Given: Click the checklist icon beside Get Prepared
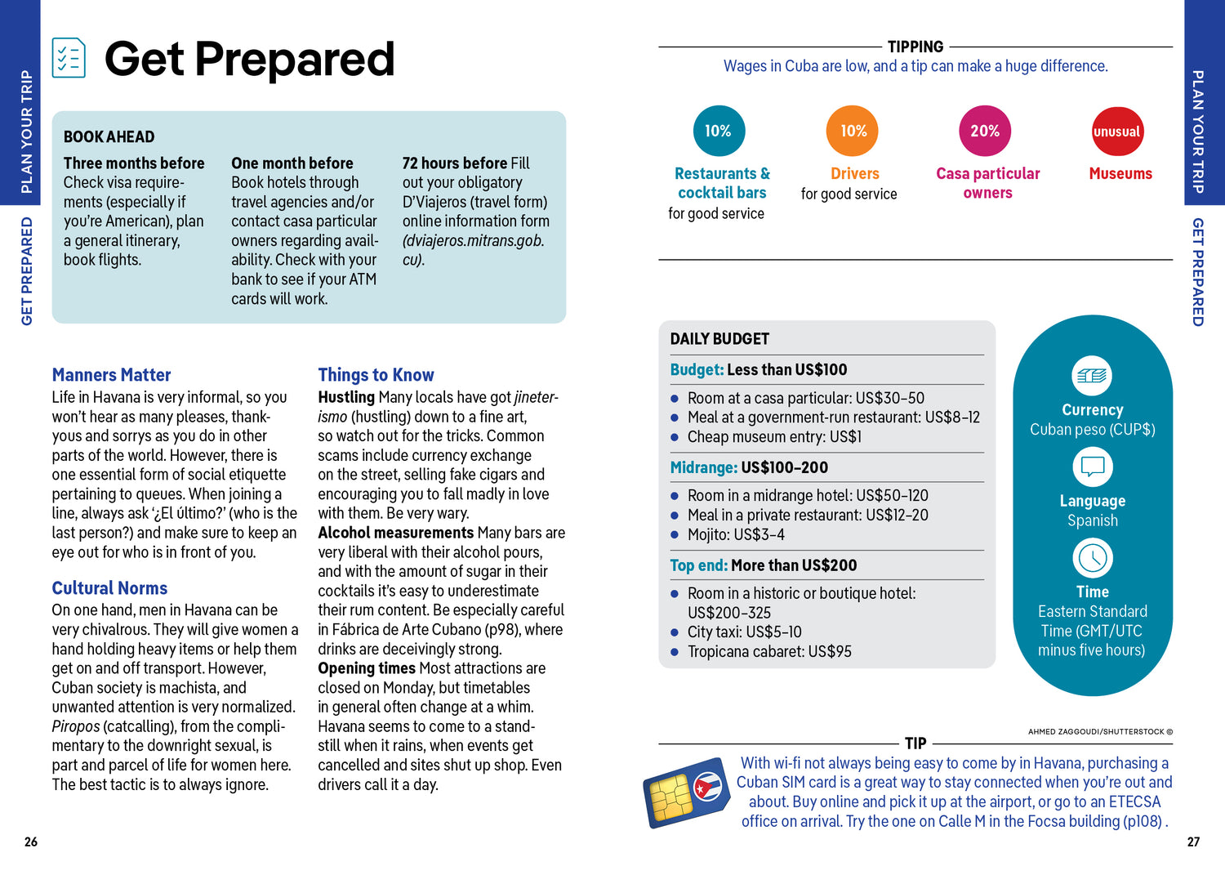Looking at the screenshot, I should tap(69, 58).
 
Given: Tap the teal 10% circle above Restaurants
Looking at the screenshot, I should tap(719, 131).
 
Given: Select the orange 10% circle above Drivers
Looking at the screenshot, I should tap(853, 131).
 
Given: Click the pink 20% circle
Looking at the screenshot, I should tap(984, 131).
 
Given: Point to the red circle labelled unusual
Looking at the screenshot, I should tap(1116, 132).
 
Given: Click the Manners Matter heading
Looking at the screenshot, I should tap(111, 375).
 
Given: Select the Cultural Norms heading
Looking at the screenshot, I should tap(109, 588).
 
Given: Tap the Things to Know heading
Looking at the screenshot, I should tap(376, 375).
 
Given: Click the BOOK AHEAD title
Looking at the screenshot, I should tap(109, 137).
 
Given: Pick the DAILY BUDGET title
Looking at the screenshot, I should tap(719, 339).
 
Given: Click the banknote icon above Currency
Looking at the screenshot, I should tap(1092, 376).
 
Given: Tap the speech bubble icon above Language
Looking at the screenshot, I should tap(1092, 467).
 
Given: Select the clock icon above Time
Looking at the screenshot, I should tap(1092, 558).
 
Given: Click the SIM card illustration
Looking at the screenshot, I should tap(686, 792).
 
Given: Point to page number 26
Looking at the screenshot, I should tap(31, 842).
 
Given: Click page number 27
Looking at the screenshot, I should tap(1193, 842).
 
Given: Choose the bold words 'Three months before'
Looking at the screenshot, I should tap(134, 163).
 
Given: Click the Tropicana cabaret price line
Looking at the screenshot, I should tap(768, 651).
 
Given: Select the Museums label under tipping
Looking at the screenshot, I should tap(1120, 173).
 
